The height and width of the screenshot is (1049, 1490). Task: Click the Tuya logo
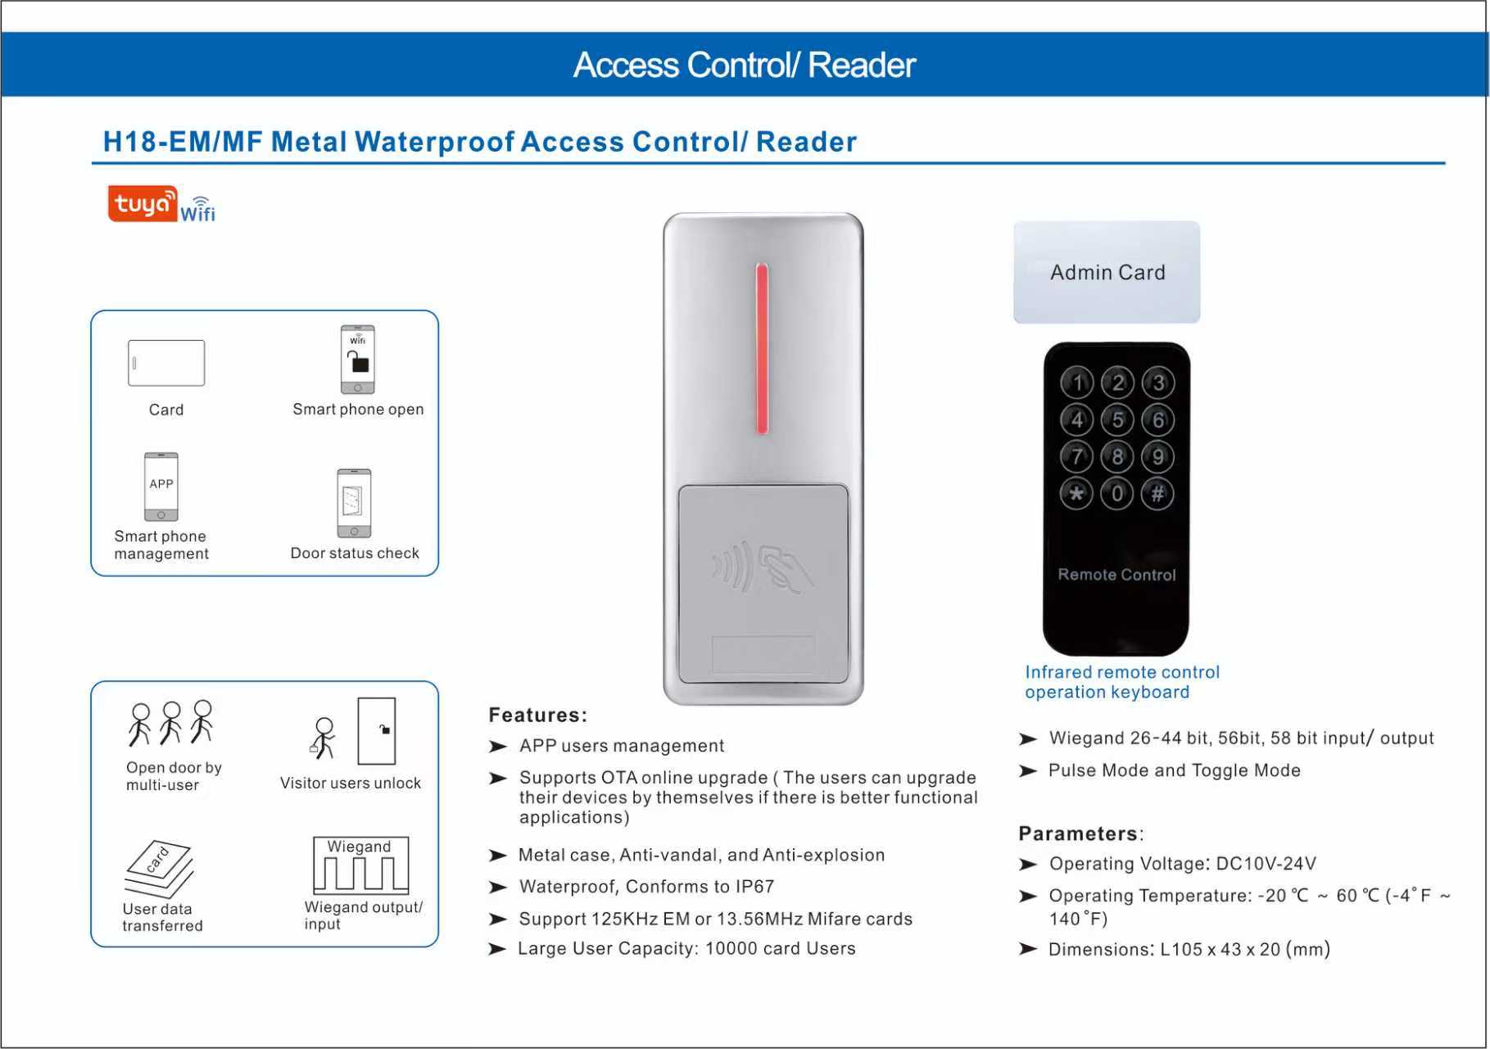pos(143,203)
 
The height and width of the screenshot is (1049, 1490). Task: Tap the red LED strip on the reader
pos(762,348)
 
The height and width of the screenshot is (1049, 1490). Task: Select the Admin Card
pos(1107,272)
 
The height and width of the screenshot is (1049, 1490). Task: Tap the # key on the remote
pos(1157,493)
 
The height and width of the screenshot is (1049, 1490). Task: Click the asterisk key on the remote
pos(1076,493)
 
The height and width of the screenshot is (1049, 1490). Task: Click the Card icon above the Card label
pos(166,363)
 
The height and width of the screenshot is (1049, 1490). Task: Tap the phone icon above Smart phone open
pos(358,360)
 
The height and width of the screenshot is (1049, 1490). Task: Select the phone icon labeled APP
pos(161,487)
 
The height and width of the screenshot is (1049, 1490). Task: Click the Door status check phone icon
pos(354,502)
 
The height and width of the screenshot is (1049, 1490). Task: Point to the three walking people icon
pos(170,723)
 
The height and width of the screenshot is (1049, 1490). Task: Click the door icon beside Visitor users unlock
pos(377,731)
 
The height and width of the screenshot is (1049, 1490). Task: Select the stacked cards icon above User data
pos(159,869)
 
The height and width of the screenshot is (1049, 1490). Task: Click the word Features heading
pos(537,715)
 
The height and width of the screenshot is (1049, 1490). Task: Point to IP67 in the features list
pos(754,887)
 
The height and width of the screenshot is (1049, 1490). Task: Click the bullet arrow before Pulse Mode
pos(1028,771)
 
